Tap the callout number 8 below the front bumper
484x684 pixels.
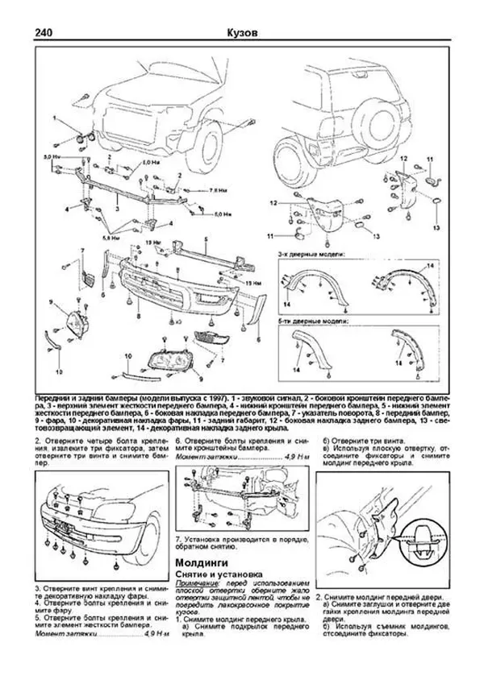pos(138,317)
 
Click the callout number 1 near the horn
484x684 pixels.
pos(56,118)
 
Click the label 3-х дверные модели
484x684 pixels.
pos(299,255)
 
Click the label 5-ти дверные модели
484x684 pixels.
pos(300,321)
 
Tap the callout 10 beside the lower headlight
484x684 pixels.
pos(127,354)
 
